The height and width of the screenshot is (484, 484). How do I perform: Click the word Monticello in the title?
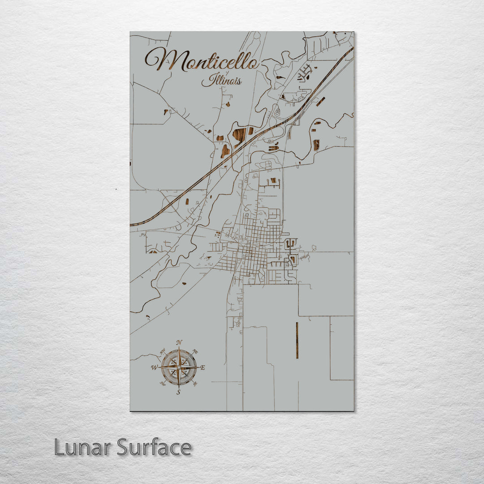pyautogui.click(x=202, y=60)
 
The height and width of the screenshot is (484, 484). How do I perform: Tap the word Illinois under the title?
pyautogui.click(x=222, y=81)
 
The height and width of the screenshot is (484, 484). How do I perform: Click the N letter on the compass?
pyautogui.click(x=179, y=343)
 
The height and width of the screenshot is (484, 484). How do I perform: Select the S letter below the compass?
pyautogui.click(x=178, y=393)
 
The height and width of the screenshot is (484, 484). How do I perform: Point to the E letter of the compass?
pyautogui.click(x=203, y=368)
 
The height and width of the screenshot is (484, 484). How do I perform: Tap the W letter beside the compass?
pyautogui.click(x=154, y=368)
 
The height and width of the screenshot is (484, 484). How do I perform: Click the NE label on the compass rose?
pyautogui.click(x=195, y=352)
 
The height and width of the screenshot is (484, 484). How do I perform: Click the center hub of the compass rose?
pyautogui.click(x=179, y=368)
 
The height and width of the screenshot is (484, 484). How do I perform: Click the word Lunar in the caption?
pyautogui.click(x=83, y=447)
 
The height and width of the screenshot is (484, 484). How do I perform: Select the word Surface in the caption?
pyautogui.click(x=154, y=447)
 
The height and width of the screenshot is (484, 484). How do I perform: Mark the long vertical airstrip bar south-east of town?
pyautogui.click(x=297, y=341)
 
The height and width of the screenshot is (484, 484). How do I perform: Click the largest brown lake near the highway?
pyautogui.click(x=239, y=134)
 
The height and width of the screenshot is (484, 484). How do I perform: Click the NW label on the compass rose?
pyautogui.click(x=163, y=351)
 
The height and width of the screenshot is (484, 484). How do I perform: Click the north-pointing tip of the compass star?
pyautogui.click(x=179, y=350)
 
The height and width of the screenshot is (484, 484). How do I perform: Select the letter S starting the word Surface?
pyautogui.click(x=125, y=447)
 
